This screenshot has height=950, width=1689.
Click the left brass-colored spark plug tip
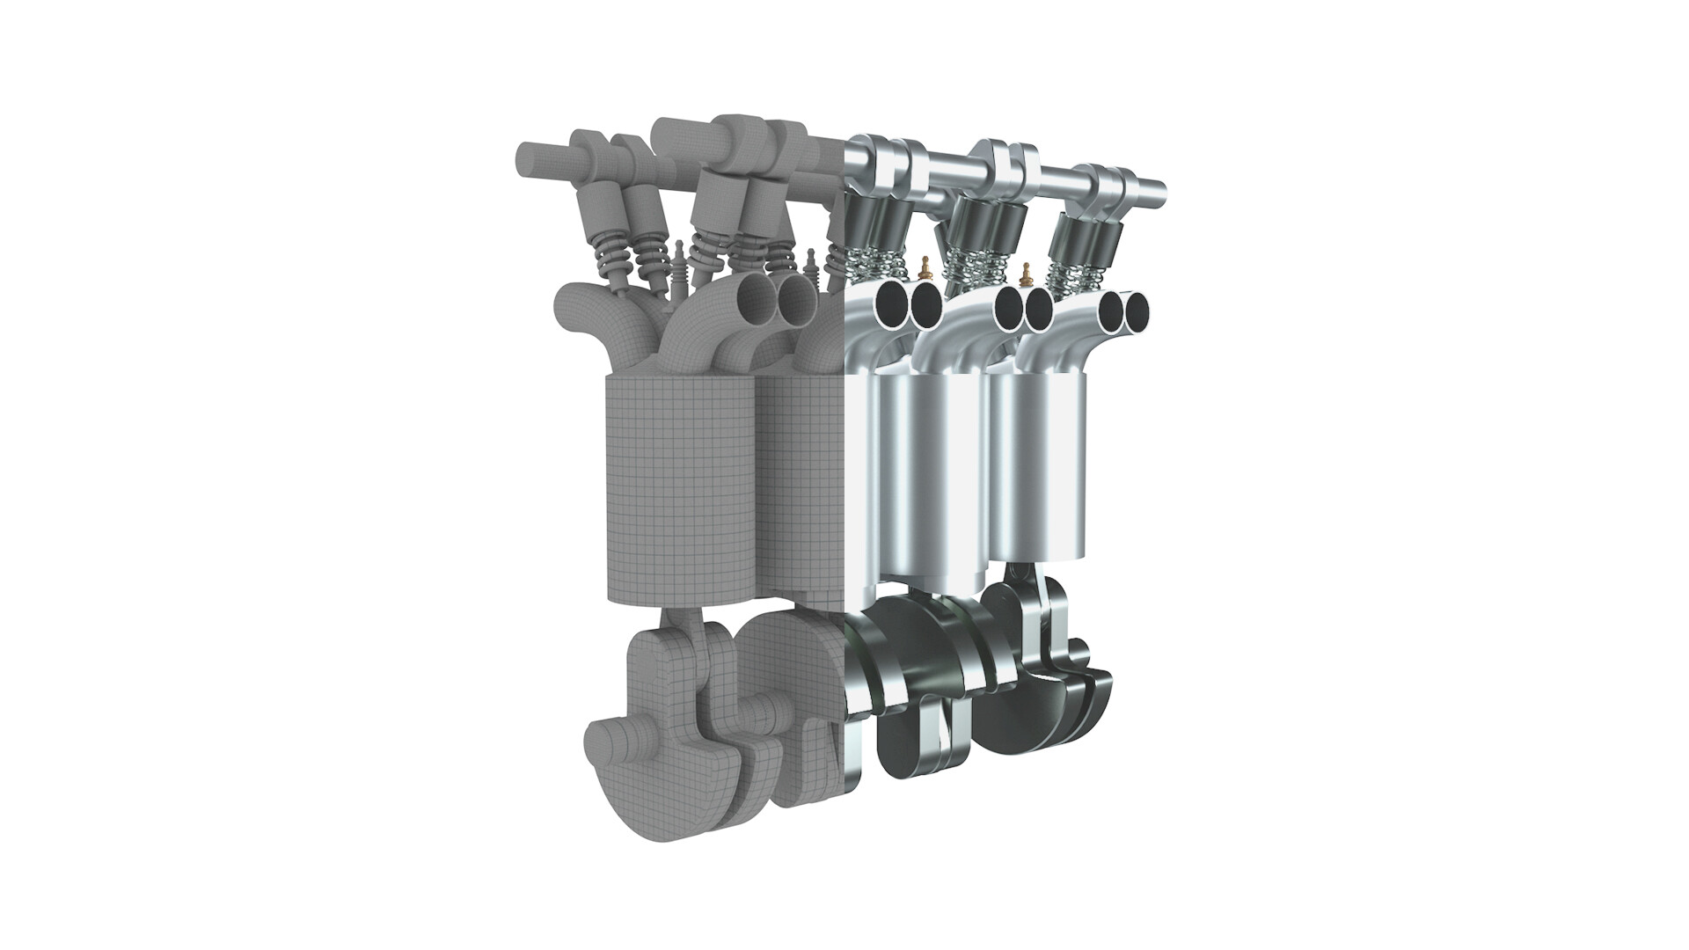[924, 265]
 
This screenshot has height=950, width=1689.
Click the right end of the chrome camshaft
[1159, 186]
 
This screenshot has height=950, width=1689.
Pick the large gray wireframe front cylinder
[682, 488]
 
